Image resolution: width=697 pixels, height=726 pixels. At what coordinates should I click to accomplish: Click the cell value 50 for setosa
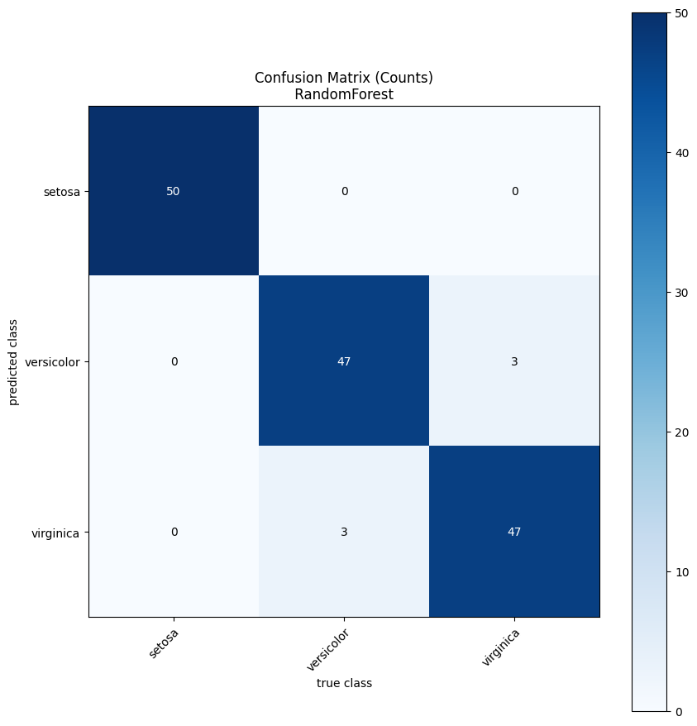click(x=173, y=191)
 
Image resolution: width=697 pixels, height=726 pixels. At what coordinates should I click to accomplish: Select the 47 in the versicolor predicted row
click(x=344, y=361)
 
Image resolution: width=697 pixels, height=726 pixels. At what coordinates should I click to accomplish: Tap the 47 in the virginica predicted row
click(x=514, y=532)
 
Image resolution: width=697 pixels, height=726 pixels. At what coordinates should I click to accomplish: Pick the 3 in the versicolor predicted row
click(x=514, y=361)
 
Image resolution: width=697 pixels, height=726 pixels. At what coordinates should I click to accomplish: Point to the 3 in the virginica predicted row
click(x=344, y=532)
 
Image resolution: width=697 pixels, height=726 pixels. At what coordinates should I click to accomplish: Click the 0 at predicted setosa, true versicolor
click(x=344, y=191)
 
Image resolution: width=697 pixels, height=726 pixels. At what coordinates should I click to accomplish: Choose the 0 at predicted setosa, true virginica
click(x=514, y=191)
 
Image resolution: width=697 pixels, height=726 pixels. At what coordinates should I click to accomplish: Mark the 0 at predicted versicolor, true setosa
click(x=174, y=361)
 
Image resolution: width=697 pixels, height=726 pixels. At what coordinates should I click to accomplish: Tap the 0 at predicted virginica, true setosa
click(x=174, y=532)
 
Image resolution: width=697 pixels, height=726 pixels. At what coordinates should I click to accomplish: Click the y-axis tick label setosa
click(x=63, y=192)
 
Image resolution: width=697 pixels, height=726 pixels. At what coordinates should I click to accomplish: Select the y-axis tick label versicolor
click(x=54, y=362)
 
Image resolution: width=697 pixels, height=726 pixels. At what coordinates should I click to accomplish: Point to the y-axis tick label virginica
click(x=57, y=533)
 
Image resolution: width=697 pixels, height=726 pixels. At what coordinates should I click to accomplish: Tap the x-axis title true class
click(x=344, y=683)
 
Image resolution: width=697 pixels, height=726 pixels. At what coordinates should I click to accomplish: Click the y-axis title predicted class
click(x=14, y=362)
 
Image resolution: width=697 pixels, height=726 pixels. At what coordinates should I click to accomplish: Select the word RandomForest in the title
click(x=344, y=94)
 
